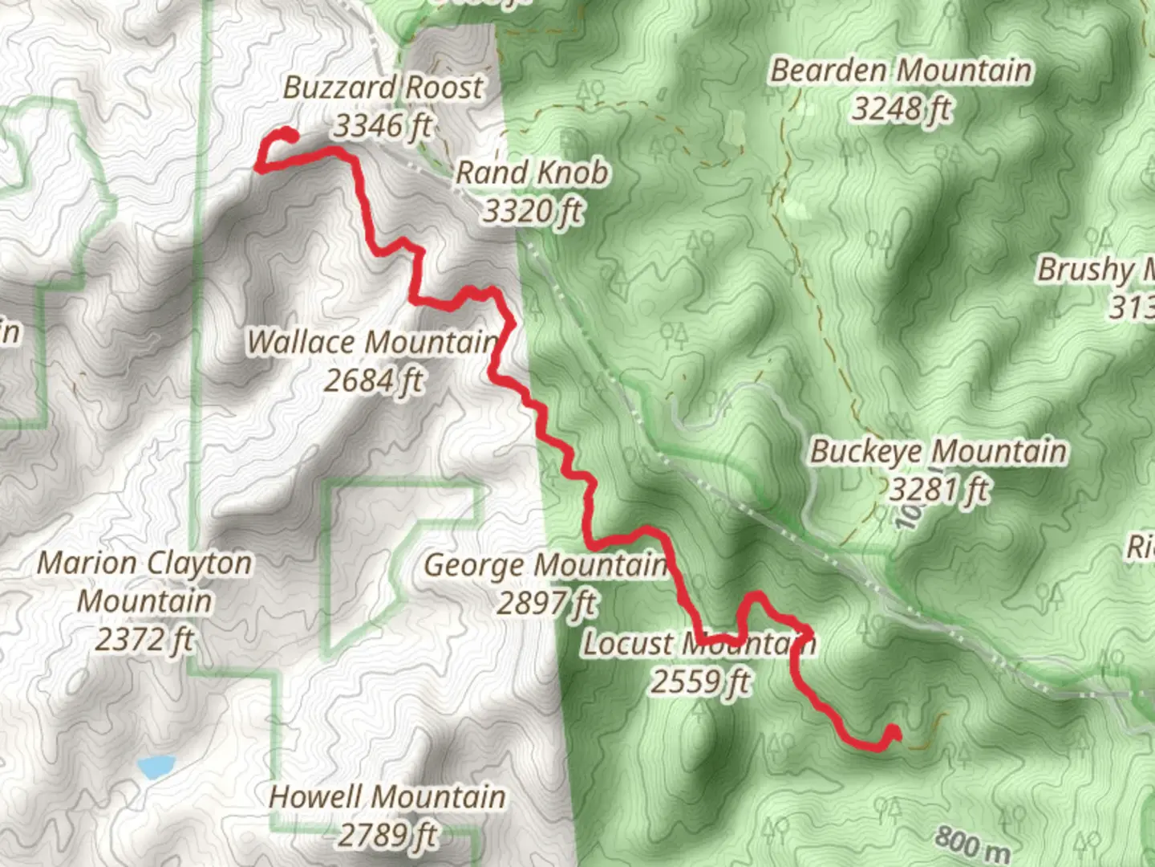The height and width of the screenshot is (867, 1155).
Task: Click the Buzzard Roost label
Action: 383,88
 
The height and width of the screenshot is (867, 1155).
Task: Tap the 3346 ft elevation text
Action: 383,126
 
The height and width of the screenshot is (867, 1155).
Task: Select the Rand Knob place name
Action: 532,173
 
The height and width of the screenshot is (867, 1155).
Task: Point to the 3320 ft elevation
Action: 532,211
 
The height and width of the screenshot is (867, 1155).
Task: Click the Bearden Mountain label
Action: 901,71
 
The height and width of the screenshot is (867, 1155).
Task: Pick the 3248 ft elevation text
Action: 901,108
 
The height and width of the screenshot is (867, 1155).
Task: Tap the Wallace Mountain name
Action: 372,342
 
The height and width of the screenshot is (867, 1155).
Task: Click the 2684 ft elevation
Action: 372,381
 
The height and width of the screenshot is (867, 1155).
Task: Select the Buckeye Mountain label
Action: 938,451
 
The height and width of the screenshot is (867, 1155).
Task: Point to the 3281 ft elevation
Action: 938,490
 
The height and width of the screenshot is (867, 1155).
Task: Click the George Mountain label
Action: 545,565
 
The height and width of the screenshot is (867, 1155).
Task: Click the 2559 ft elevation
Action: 699,682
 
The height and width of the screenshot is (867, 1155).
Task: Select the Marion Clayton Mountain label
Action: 144,582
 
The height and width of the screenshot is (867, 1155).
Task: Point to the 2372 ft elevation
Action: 144,640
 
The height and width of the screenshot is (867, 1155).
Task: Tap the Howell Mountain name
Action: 387,797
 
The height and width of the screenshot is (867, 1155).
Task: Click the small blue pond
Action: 156,767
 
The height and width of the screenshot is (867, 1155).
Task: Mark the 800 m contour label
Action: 971,843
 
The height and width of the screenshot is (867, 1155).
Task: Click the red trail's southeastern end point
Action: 893,733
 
